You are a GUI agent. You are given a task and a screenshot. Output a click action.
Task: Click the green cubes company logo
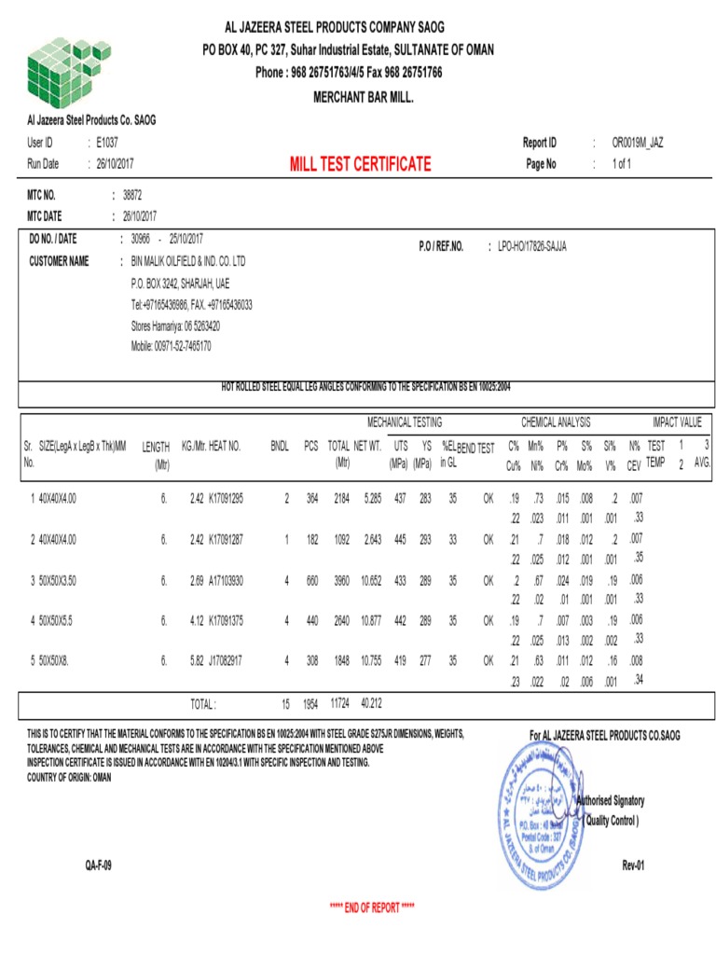coord(61,72)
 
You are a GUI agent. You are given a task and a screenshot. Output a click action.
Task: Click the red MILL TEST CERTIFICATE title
coord(360,165)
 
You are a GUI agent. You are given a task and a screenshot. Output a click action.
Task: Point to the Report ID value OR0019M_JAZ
coord(638,143)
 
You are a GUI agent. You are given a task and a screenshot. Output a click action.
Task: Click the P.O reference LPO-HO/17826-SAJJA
coord(532,246)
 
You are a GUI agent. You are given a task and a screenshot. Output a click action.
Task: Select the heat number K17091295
coord(226,499)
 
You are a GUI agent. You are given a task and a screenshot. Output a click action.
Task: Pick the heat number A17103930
coord(226,580)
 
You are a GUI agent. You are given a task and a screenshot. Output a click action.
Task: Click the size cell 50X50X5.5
coord(57,620)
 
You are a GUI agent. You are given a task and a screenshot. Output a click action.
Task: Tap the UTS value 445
coord(400,539)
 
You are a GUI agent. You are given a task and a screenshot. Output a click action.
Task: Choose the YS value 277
coord(425,660)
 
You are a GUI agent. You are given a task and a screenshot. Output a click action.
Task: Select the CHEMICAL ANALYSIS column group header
coord(556,422)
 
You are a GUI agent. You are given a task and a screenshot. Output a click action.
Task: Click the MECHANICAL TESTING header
coord(405,422)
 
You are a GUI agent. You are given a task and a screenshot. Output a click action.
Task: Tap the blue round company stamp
coord(541,811)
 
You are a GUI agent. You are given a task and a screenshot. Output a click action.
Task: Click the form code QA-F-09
coord(98,865)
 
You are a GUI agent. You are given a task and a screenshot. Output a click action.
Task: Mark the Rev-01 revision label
coord(633,865)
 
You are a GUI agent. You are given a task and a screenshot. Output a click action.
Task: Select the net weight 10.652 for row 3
coord(370,580)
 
